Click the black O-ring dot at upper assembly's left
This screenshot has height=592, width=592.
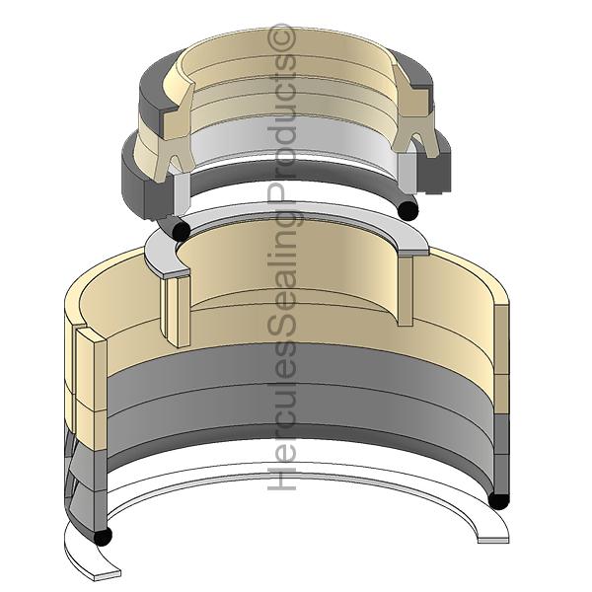180,229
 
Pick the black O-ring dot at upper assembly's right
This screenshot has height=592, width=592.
407,209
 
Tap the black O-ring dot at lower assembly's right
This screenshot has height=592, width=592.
498,499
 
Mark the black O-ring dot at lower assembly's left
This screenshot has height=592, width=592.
102,536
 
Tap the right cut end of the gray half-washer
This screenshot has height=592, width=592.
413,242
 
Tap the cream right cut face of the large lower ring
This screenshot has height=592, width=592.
501,345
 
